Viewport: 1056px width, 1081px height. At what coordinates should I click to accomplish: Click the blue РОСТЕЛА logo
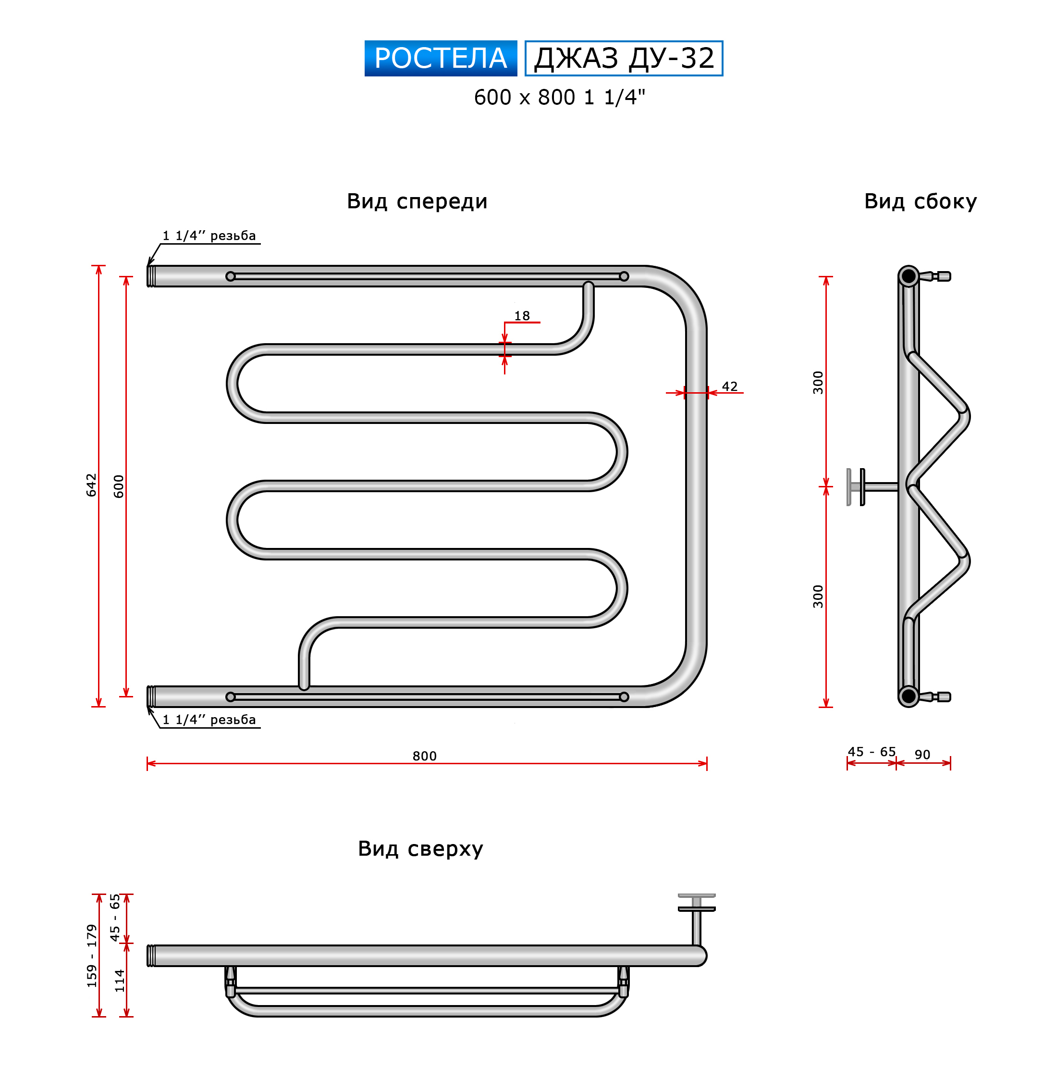[x=441, y=58]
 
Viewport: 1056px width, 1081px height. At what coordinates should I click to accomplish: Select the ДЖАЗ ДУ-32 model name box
[x=624, y=58]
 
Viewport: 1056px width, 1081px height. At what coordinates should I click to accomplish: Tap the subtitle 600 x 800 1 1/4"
[x=560, y=98]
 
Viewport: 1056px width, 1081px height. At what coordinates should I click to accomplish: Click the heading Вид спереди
[x=417, y=201]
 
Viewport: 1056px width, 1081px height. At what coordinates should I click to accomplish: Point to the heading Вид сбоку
[x=921, y=201]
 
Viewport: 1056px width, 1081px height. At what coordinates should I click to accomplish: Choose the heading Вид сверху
[x=420, y=849]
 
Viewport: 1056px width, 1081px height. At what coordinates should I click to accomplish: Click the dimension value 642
[x=91, y=485]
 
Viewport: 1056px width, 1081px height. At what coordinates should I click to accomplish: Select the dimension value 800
[x=424, y=756]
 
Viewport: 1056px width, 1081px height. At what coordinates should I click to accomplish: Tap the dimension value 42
[x=730, y=386]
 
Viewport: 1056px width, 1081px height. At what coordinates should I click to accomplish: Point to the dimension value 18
[x=522, y=316]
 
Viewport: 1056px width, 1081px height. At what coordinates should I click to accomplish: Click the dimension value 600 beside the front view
[x=119, y=486]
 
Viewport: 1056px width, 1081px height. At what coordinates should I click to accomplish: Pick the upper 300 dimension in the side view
[x=818, y=382]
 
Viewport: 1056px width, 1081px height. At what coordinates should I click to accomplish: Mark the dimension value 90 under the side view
[x=922, y=755]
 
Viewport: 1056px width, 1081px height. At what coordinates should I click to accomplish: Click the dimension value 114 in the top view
[x=119, y=981]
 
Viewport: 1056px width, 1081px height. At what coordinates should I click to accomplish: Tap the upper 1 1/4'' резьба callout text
[x=209, y=236]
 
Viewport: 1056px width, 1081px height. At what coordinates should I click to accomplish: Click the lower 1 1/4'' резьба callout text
[x=209, y=720]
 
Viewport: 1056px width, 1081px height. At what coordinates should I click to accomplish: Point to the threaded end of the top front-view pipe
[x=151, y=276]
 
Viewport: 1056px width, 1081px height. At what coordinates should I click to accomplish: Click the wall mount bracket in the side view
[x=872, y=487]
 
